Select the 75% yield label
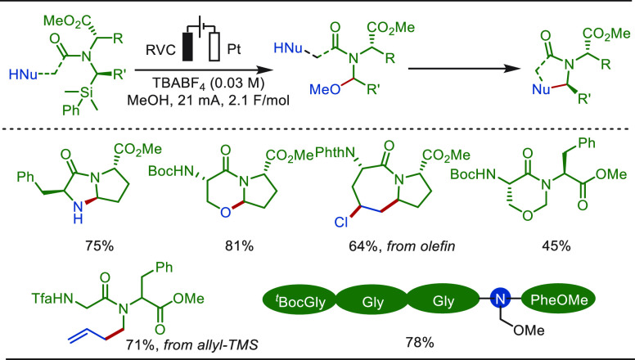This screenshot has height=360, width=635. click(99, 245)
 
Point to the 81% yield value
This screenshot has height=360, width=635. click(240, 245)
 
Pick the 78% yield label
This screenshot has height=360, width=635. click(419, 343)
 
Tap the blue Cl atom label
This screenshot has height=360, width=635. click(341, 223)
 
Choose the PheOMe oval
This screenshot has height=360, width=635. click(558, 300)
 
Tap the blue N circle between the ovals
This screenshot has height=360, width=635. click(499, 300)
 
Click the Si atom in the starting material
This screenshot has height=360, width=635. click(85, 93)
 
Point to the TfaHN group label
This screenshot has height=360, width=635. click(52, 299)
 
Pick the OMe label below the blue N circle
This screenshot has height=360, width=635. click(529, 331)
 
